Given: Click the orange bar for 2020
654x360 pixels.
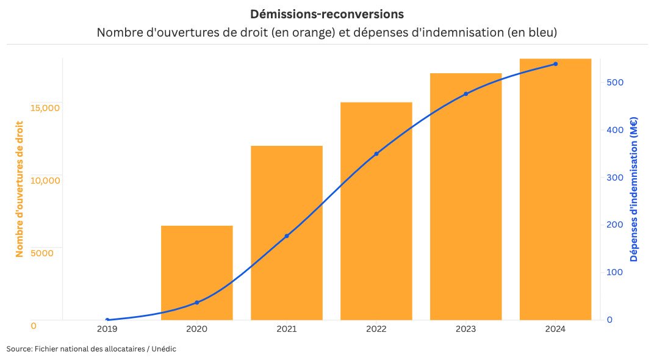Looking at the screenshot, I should point(196,272).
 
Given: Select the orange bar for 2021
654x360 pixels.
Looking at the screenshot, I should point(286,232).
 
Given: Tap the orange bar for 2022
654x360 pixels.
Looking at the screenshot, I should point(376,211).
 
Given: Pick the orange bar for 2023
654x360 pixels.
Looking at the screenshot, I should point(465,196).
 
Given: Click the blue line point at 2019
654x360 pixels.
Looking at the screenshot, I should point(107,320).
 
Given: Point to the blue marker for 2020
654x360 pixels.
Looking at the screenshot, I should point(196,303).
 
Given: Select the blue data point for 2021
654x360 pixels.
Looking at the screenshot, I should point(286,236).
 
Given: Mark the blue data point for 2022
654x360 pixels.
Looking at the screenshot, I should point(376,154).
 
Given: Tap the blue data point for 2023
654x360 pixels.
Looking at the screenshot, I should point(465,94).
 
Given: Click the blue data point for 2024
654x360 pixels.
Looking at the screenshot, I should point(555,64).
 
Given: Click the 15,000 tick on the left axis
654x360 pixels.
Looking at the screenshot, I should point(45,108).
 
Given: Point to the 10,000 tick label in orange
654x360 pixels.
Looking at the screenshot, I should point(45,181).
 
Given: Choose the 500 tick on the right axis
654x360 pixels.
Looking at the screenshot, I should point(614,82).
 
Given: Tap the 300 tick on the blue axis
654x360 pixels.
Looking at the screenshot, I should point(614,178).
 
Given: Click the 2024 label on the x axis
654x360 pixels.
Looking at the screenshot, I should point(555,329).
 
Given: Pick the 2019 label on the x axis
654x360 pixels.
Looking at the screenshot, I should point(107,329).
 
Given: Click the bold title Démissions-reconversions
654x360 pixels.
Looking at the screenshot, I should point(326,13).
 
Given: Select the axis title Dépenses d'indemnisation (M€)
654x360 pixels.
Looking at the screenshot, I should point(634,189).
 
